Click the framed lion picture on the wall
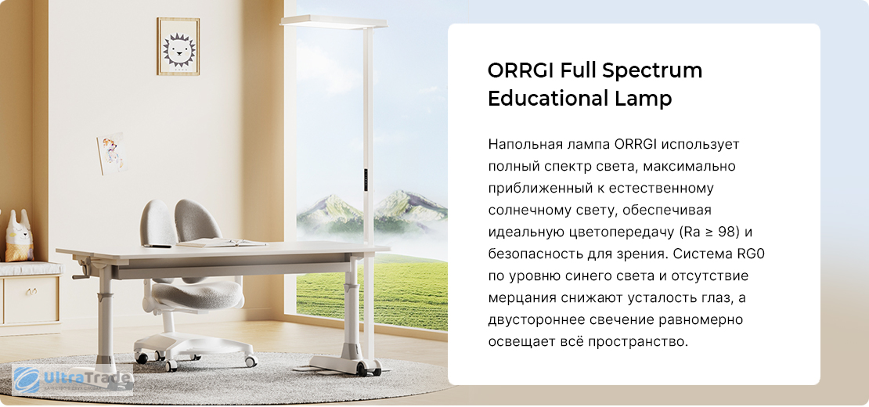click(178, 46)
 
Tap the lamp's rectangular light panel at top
click(334, 21)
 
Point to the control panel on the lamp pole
click(366, 178)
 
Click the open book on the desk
click(221, 243)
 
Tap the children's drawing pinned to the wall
click(111, 153)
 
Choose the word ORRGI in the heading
click(521, 71)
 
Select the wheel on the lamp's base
click(362, 369)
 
